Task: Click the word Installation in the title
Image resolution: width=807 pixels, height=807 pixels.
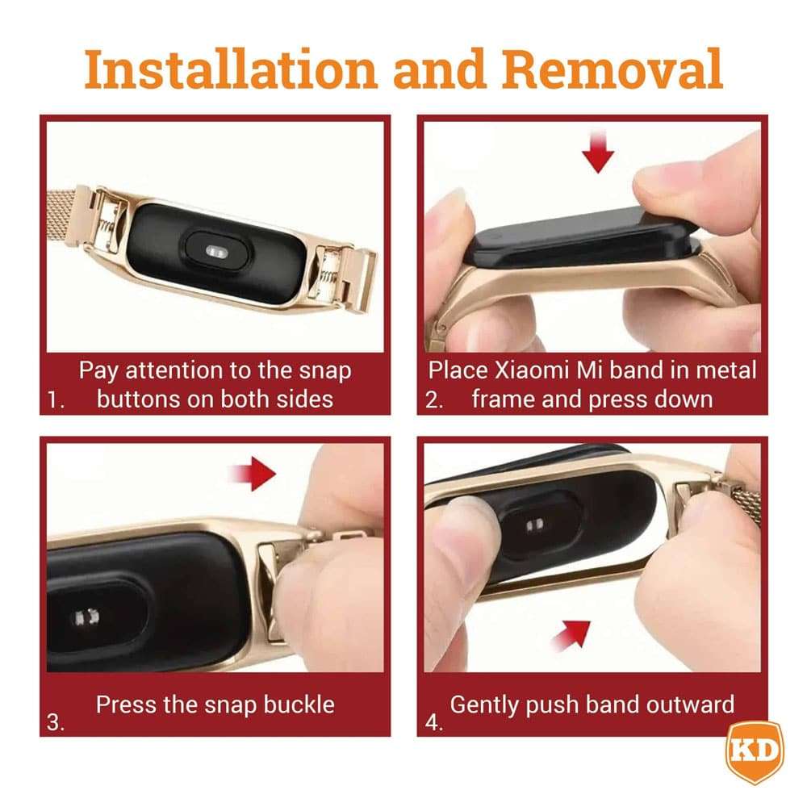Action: click(231, 69)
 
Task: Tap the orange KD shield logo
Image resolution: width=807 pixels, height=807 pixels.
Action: click(755, 752)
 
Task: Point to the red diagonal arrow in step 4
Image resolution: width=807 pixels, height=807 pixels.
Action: click(571, 635)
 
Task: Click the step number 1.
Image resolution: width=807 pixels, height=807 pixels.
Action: click(55, 400)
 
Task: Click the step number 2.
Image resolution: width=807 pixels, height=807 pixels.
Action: click(434, 400)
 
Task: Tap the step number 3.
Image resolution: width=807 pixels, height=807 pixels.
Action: click(55, 722)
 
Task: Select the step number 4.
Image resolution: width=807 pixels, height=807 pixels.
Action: click(434, 722)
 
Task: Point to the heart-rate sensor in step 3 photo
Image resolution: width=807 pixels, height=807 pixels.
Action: click(86, 617)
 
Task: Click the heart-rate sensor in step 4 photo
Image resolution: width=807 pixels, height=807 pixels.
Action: click(535, 525)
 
